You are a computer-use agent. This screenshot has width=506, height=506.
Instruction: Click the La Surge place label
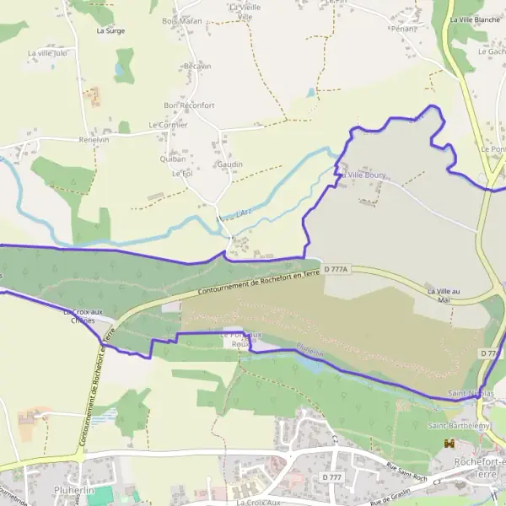pyautogui.click(x=110, y=30)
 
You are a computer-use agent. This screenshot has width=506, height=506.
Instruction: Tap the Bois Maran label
pyautogui.click(x=181, y=20)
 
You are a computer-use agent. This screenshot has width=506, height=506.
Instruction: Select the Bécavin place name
pyautogui.click(x=196, y=66)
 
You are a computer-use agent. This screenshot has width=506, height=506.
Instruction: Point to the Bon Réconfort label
pyautogui.click(x=189, y=105)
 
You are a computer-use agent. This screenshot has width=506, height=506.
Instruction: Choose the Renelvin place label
pyautogui.click(x=94, y=140)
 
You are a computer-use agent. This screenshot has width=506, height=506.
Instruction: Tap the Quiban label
pyautogui.click(x=172, y=158)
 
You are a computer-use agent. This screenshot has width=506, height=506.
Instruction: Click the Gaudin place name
pyautogui.click(x=229, y=164)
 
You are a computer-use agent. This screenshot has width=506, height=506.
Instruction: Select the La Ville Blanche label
pyautogui.click(x=476, y=19)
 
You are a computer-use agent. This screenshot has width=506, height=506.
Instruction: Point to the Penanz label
pyautogui.click(x=404, y=29)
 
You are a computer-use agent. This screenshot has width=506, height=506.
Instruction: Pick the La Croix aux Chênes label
pyautogui.click(x=83, y=316)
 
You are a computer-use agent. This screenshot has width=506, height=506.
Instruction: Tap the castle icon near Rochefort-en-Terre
pyautogui.click(x=449, y=444)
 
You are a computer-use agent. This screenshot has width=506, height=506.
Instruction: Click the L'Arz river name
pyautogui.click(x=245, y=213)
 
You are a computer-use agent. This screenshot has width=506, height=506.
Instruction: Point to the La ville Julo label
pyautogui.click(x=47, y=53)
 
